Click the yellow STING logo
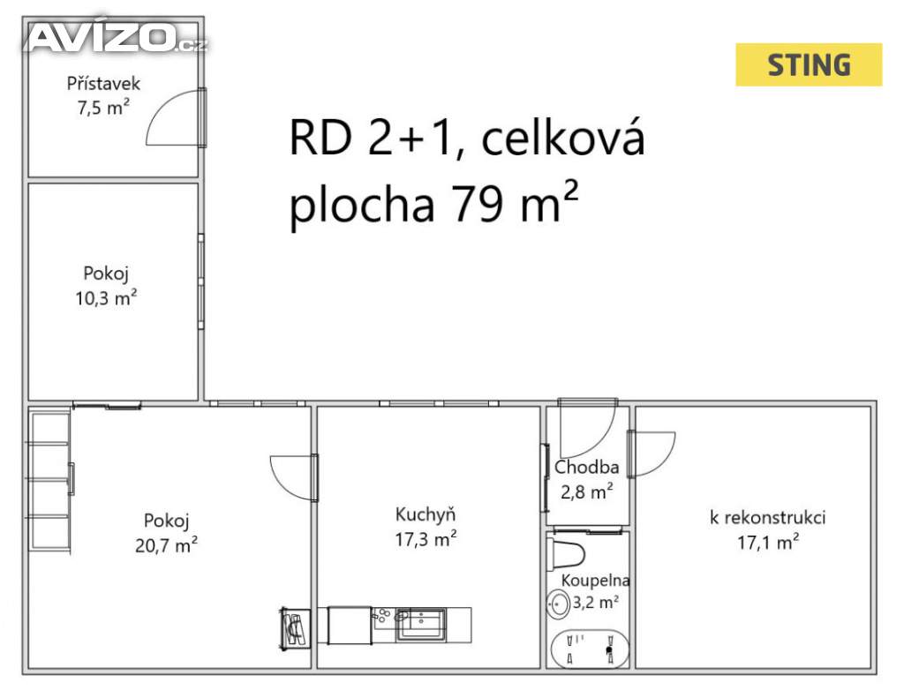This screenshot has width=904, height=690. pyautogui.click(x=809, y=64)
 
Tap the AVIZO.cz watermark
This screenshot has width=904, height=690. pyautogui.click(x=117, y=37)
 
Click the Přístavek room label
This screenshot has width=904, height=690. pyautogui.click(x=104, y=84)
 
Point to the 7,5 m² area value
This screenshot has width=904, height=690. pyautogui.click(x=104, y=108)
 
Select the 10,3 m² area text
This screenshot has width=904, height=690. pyautogui.click(x=106, y=298)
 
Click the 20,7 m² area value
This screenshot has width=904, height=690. pyautogui.click(x=167, y=544)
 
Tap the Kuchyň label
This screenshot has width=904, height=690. pyautogui.click(x=426, y=514)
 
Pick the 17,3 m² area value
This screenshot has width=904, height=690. pyautogui.click(x=426, y=539)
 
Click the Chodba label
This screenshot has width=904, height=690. pyautogui.click(x=587, y=467)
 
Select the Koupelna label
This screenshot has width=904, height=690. pyautogui.click(x=596, y=580)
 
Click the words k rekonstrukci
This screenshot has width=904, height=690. pyautogui.click(x=767, y=517)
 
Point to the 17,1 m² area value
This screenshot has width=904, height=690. pyautogui.click(x=769, y=542)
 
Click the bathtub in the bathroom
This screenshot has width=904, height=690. pyautogui.click(x=590, y=649)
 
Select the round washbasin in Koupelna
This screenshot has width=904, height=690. pyautogui.click(x=558, y=604)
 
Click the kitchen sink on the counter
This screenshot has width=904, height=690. pyautogui.click(x=420, y=624)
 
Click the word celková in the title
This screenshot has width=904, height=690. pyautogui.click(x=562, y=139)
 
